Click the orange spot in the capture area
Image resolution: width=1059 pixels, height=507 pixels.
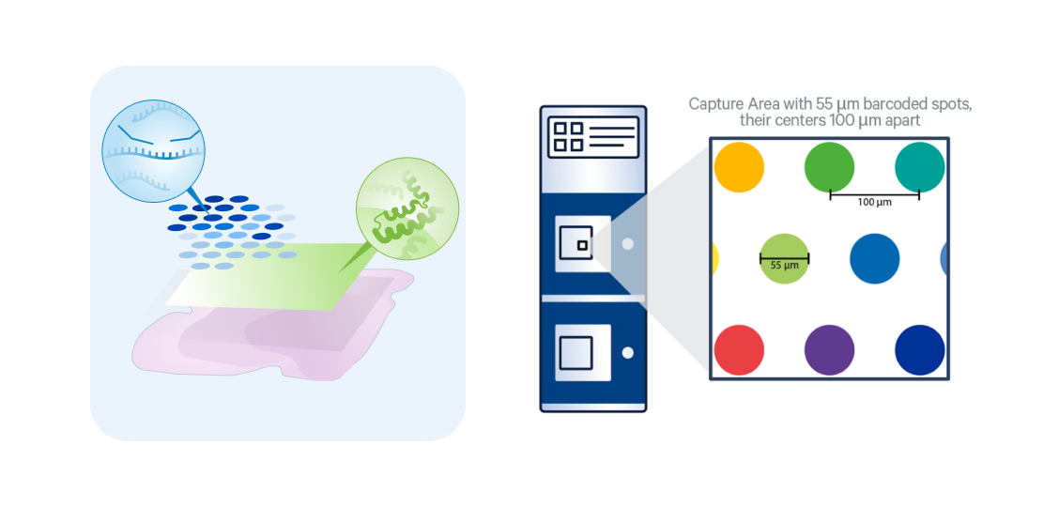(739, 168)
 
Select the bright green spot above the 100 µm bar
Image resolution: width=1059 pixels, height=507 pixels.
(829, 168)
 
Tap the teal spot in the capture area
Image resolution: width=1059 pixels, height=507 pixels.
(919, 168)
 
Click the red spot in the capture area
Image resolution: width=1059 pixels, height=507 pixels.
(739, 349)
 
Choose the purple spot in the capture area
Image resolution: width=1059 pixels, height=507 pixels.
(829, 349)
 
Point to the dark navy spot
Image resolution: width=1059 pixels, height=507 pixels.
(919, 349)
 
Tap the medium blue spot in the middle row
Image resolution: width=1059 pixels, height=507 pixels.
(874, 258)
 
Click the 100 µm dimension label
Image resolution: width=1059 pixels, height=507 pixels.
(874, 202)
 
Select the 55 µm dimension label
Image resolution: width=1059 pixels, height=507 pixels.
(784, 266)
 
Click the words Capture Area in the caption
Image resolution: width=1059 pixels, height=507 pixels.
(728, 103)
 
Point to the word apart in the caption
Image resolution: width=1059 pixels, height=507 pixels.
(898, 121)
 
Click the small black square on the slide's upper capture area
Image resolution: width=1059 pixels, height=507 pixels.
(582, 245)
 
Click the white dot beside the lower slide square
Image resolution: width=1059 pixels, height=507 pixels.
(628, 352)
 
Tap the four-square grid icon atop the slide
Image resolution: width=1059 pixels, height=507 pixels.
(567, 136)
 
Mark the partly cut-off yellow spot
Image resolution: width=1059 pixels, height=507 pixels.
(714, 258)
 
